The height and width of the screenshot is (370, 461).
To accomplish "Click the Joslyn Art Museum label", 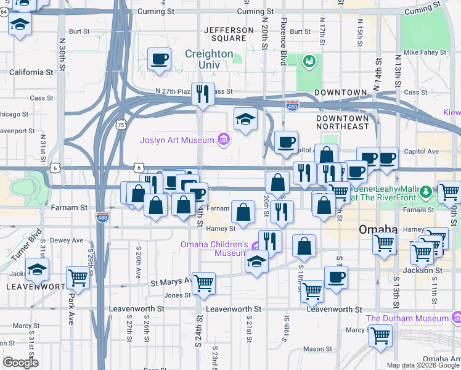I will (176, 140).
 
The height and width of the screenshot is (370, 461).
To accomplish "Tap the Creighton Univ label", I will (210, 54).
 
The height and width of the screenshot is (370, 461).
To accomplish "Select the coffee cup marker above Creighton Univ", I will (160, 59).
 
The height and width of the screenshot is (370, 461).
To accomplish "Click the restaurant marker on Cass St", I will (203, 94).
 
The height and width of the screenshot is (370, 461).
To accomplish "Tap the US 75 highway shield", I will (121, 125).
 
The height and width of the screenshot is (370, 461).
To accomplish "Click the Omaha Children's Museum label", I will (214, 249).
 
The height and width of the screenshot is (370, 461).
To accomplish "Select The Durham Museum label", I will (407, 318).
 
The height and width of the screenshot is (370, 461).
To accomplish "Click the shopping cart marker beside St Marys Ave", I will (203, 284).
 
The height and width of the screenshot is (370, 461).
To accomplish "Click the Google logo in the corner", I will (20, 363).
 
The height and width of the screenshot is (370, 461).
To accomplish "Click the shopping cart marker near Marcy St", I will (381, 336).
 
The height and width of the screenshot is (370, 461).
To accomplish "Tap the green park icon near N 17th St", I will (309, 61).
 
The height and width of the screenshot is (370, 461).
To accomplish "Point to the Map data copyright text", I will (423, 365).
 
